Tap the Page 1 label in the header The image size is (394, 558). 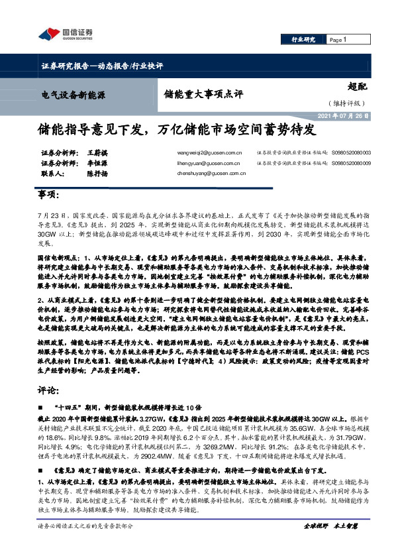point(339,40)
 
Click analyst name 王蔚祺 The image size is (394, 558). point(97,152)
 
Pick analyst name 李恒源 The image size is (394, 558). point(97,163)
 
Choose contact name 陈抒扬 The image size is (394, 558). point(97,174)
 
